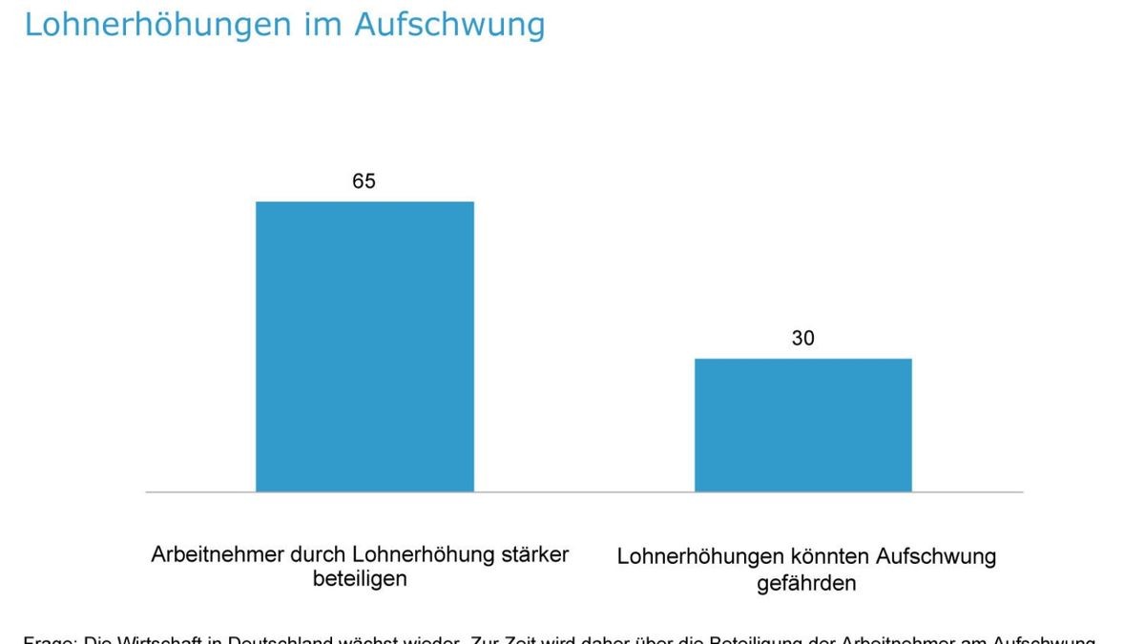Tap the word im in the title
click(316, 25)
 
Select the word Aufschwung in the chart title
click(449, 25)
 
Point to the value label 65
click(364, 181)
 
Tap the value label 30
click(802, 339)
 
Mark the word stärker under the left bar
click(532, 554)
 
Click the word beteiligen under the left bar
click(360, 579)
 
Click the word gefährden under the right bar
click(806, 582)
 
